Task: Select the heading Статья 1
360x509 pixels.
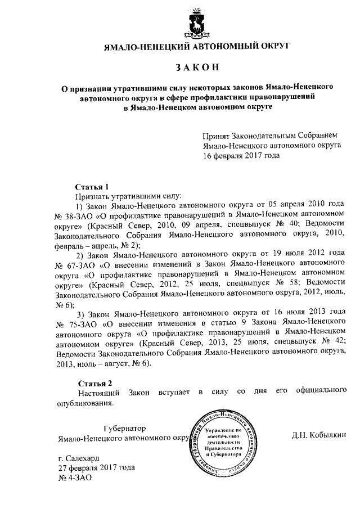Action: click(x=91, y=186)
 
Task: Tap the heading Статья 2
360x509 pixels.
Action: click(x=91, y=383)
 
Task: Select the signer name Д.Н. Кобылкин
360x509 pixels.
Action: click(x=319, y=435)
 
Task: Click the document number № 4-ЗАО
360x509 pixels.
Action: click(x=75, y=478)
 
